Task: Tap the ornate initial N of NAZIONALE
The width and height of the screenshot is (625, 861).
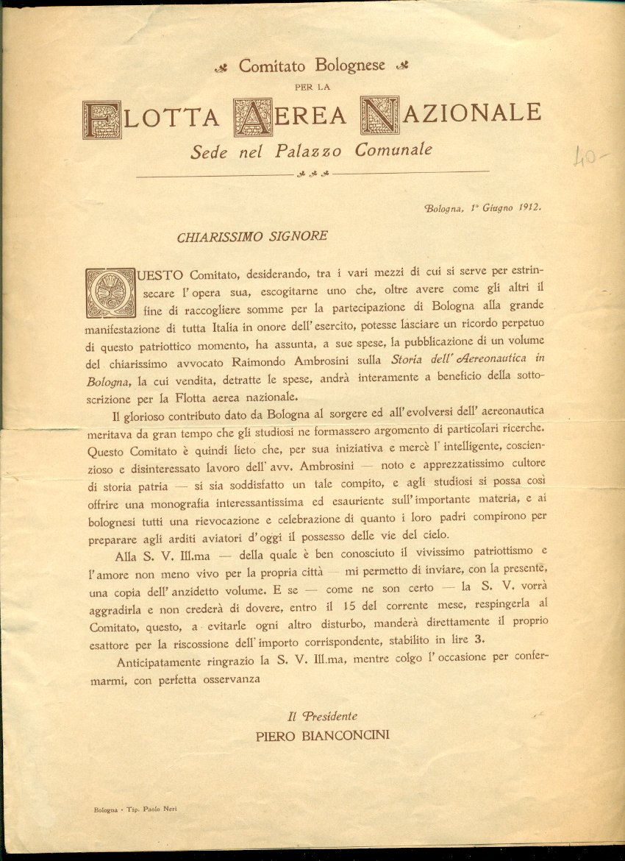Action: click(x=379, y=116)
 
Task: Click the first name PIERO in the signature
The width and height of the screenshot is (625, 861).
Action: click(x=274, y=734)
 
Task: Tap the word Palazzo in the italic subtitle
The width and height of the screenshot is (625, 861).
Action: click(x=313, y=151)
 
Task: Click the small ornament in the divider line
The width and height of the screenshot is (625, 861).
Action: click(x=312, y=174)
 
